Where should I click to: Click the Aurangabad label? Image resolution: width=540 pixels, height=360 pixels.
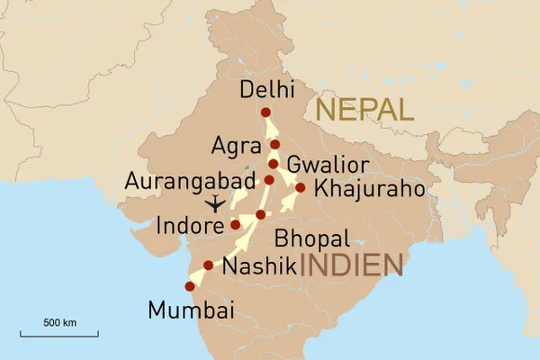tap(192, 180)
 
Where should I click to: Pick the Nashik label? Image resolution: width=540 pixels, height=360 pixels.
tap(259, 266)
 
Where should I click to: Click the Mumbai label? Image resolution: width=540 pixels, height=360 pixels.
tap(191, 311)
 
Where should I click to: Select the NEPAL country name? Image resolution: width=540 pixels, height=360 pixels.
tap(364, 111)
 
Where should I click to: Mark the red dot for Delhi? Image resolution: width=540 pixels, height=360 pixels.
tap(265, 112)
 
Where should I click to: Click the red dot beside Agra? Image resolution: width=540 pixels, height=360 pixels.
tap(275, 145)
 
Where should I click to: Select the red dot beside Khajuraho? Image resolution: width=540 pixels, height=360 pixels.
tap(301, 188)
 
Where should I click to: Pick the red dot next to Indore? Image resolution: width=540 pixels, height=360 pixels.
tap(235, 224)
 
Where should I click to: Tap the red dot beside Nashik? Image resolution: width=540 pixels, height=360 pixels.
tap(209, 265)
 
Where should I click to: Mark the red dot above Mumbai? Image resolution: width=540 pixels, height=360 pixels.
tap(189, 286)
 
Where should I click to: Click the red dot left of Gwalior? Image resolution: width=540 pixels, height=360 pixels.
tap(273, 165)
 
